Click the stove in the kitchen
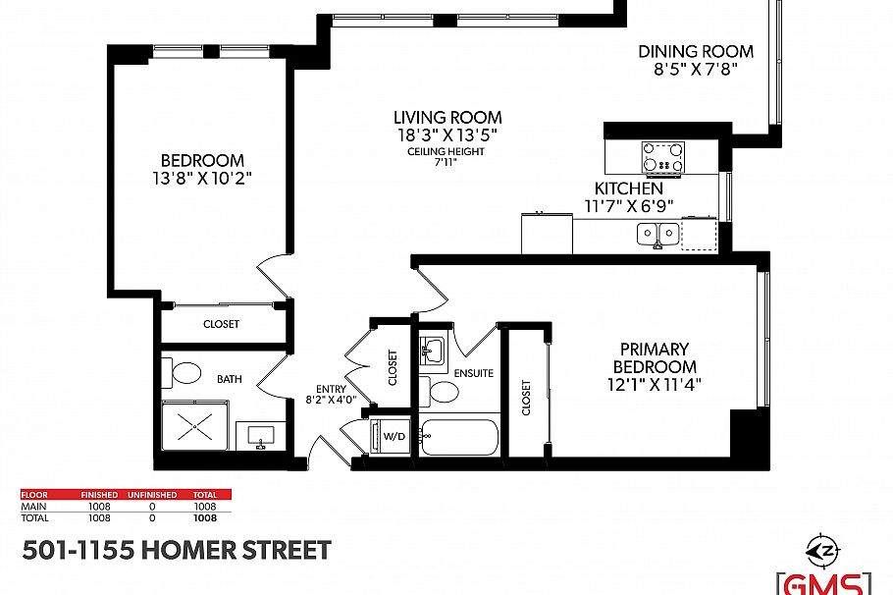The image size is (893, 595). point(662,156)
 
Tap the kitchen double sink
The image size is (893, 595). point(657,234)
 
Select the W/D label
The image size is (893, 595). point(394,435)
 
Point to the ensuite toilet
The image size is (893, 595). point(445,393)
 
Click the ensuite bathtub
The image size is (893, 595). point(460,437)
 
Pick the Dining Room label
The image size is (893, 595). point(696,52)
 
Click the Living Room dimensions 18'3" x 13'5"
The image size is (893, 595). point(447,135)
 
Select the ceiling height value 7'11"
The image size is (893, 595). point(446,164)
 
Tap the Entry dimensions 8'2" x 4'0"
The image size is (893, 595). point(330,401)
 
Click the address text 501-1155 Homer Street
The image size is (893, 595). point(177,550)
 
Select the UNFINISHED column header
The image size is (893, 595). point(154,495)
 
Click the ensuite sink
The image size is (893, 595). point(433,351)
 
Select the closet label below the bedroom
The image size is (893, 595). point(221,324)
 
